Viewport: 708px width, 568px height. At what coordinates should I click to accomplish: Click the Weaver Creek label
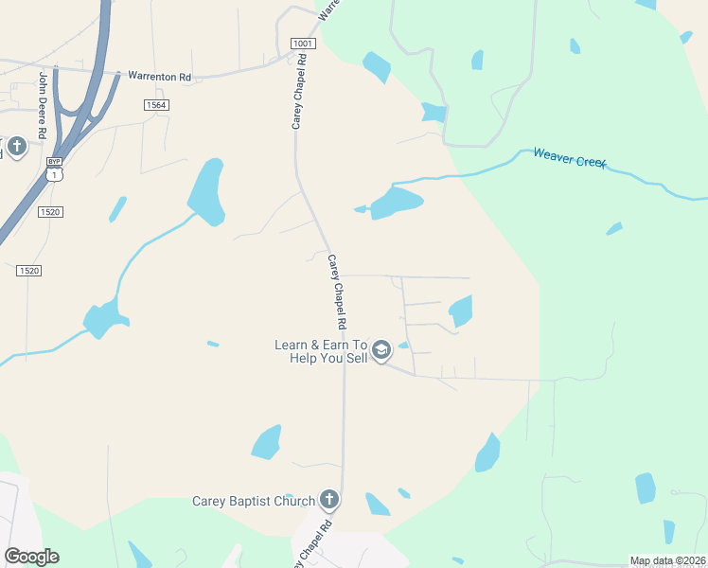(x=569, y=158)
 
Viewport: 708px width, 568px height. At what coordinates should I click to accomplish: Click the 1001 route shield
(x=302, y=44)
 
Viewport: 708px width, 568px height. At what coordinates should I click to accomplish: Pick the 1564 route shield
(x=157, y=104)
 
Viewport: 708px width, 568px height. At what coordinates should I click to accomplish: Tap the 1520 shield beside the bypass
(x=50, y=212)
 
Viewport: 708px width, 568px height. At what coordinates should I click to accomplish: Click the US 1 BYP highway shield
(x=54, y=169)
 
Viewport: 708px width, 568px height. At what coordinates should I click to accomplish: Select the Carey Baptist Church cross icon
(x=328, y=499)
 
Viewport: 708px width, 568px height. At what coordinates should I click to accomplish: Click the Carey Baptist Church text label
(x=252, y=501)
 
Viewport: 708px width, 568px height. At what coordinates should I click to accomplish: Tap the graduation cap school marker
(x=381, y=351)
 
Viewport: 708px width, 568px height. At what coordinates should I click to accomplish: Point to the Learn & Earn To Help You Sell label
(x=320, y=352)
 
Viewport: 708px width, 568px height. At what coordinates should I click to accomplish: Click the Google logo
(x=31, y=557)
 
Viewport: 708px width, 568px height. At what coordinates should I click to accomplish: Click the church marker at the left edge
(x=17, y=148)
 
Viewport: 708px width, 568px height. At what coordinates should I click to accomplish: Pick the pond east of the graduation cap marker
(x=461, y=310)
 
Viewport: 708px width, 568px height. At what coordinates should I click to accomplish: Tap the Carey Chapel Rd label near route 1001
(x=301, y=91)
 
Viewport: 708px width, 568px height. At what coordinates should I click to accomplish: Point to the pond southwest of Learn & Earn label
(x=267, y=442)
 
